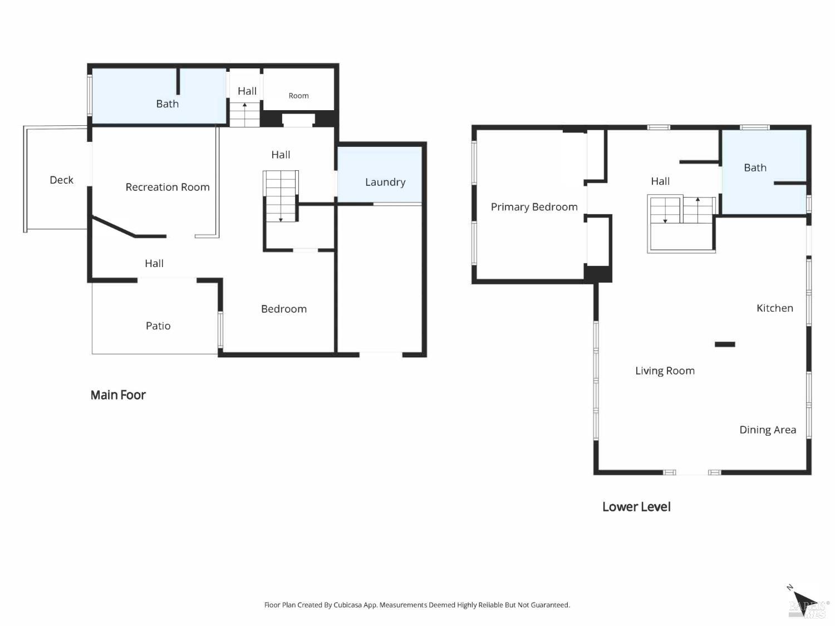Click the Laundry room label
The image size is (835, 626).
385,182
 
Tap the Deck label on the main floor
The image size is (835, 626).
61,180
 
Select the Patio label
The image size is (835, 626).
158,326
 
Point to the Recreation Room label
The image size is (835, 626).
168,187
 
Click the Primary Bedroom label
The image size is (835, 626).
534,207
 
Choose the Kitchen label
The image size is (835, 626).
774,308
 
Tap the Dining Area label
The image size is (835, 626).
767,430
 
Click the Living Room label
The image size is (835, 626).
665,371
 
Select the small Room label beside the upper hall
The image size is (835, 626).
298,96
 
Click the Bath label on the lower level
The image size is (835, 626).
755,167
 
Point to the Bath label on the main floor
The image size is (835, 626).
167,103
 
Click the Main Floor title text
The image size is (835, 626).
118,395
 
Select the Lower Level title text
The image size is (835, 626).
636,507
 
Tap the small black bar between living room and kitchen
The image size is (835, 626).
725,344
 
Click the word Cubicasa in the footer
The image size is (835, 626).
348,605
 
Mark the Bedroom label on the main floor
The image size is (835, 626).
284,309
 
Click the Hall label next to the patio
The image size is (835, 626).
154,263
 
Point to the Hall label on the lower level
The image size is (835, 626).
660,181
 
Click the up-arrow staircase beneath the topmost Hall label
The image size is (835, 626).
245,114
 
